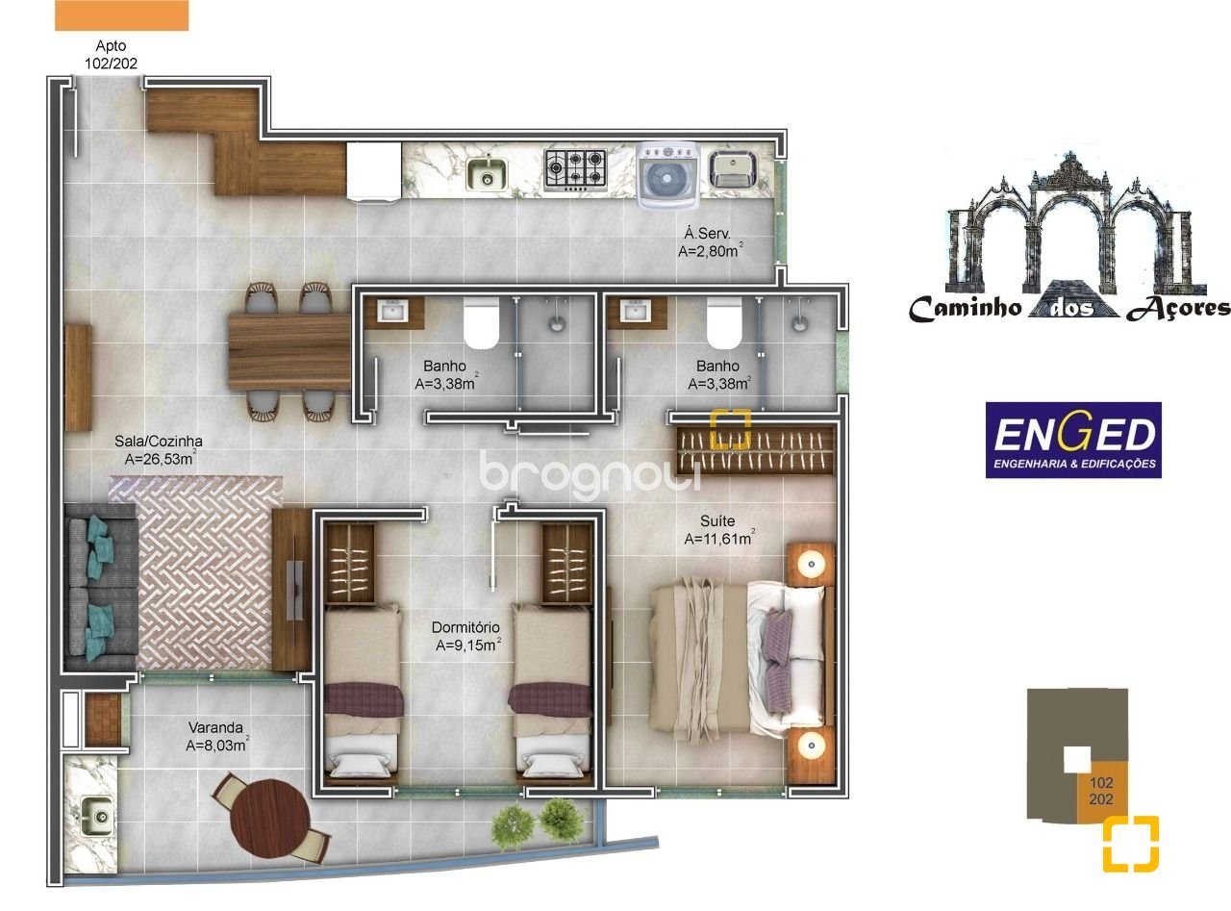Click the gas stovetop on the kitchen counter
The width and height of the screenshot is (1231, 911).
(x=575, y=169)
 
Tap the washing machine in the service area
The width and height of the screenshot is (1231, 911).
(x=667, y=175)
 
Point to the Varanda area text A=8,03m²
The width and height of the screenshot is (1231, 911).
(x=217, y=745)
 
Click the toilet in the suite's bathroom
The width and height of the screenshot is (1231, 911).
(x=724, y=323)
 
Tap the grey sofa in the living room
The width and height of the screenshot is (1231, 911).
(x=101, y=586)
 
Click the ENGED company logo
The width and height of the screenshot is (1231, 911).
(x=1073, y=440)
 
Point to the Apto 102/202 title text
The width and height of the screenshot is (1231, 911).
(x=111, y=55)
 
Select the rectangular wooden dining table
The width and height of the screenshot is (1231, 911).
(x=289, y=352)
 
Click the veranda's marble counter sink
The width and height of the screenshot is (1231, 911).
(x=98, y=816)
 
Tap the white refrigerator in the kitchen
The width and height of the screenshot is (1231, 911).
(x=373, y=172)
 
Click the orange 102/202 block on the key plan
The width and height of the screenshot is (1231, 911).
(x=1102, y=791)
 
